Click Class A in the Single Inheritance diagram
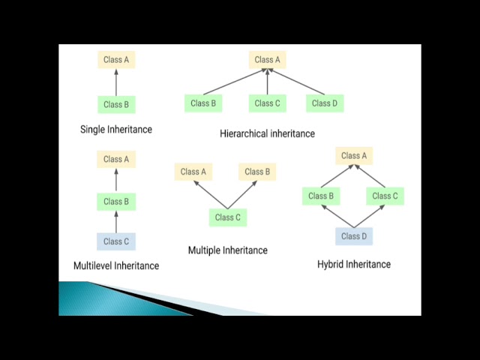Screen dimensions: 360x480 116,60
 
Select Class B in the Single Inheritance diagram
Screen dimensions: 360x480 116,104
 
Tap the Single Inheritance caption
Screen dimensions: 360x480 116,129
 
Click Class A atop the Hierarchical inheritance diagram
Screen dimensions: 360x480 268,60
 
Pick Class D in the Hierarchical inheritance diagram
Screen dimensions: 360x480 325,103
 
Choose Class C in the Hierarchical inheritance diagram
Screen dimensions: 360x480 268,103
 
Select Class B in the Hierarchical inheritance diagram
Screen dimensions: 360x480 203,103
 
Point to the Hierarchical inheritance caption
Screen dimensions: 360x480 267,133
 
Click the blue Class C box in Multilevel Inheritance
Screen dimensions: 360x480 116,241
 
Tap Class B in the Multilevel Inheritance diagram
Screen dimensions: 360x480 116,201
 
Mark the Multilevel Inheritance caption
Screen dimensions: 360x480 116,265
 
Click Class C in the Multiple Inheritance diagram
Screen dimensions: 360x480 227,217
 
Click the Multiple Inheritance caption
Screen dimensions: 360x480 227,250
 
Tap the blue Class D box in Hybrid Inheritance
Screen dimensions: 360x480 354,236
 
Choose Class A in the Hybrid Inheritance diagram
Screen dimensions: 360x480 354,156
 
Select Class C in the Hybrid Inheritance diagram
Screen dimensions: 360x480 385,196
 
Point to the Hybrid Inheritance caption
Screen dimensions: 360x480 354,264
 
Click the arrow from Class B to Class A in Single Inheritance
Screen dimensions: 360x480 116,82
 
